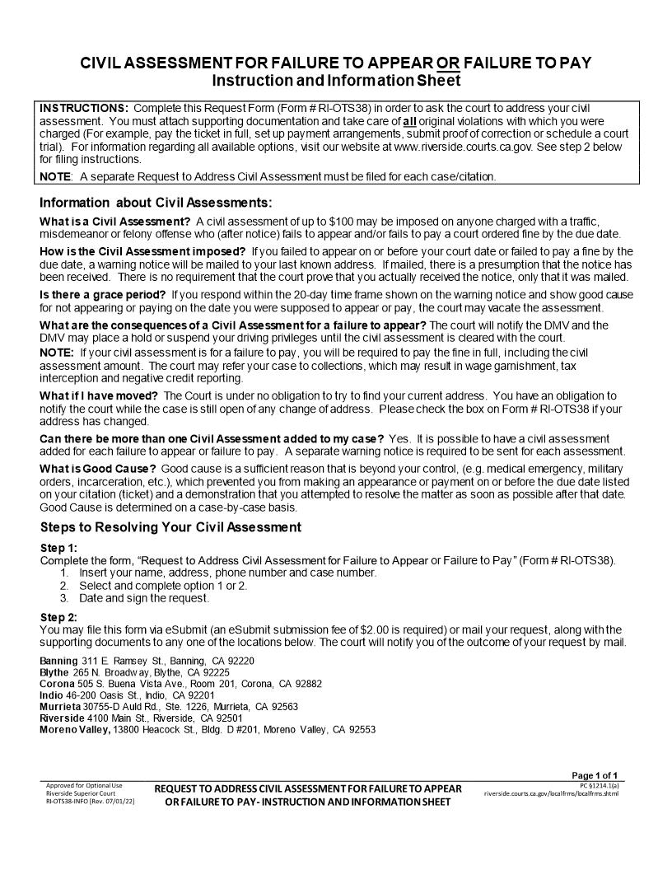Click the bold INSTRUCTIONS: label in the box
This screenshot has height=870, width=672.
tap(84, 109)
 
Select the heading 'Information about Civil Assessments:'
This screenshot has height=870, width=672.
tap(156, 203)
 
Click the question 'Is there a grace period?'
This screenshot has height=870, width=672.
tap(104, 295)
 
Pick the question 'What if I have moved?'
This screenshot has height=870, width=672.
tap(99, 396)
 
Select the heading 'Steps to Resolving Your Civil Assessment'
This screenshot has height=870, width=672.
tap(170, 527)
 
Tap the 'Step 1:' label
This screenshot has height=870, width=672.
tap(59, 548)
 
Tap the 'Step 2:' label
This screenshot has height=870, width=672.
tap(59, 617)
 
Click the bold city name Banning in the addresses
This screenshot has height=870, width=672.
tap(59, 661)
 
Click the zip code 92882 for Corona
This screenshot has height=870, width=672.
tap(306, 684)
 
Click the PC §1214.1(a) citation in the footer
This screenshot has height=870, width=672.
tap(600, 785)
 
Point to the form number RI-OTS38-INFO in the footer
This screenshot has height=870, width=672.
tap(77, 800)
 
